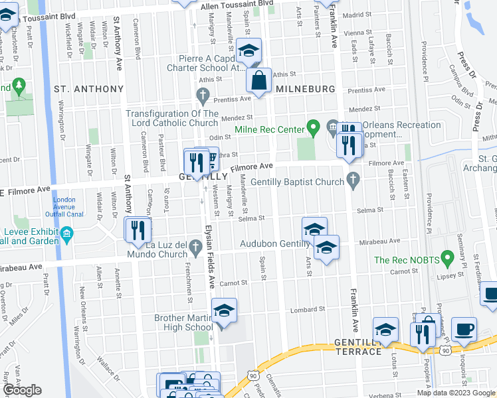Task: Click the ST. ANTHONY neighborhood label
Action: tap(89, 89)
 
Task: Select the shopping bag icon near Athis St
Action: tap(259, 80)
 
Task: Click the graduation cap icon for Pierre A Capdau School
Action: tap(249, 50)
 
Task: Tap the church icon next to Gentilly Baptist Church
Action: tap(353, 178)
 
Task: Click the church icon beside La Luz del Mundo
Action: tap(195, 248)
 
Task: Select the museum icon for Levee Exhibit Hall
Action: tap(66, 235)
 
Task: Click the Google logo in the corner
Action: tap(21, 390)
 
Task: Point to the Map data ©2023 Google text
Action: tap(456, 393)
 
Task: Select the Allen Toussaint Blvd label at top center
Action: tap(237, 5)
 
